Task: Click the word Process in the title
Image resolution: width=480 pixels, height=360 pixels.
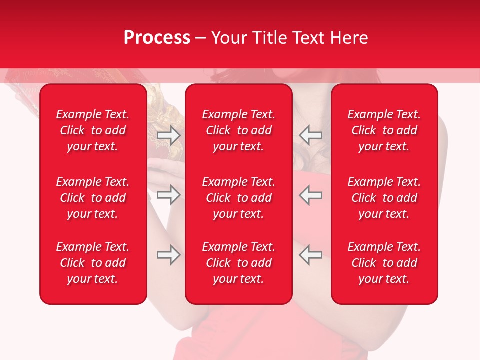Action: tap(157, 38)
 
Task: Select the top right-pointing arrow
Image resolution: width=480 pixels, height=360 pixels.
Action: tap(169, 135)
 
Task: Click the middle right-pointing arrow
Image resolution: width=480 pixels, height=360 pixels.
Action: tap(169, 195)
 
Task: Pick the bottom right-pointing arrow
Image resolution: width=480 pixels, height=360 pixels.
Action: tap(169, 255)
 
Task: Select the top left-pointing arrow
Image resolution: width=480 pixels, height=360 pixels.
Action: tap(311, 135)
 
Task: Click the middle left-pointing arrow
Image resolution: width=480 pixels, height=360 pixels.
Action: tap(311, 195)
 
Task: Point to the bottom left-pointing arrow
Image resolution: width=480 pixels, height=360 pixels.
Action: tap(311, 255)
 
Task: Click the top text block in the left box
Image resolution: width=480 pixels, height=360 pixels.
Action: tap(93, 130)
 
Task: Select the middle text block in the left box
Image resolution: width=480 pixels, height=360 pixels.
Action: tap(93, 198)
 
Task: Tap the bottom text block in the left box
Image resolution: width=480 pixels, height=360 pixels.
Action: tap(93, 263)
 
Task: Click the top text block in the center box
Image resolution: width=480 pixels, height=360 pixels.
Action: tap(238, 130)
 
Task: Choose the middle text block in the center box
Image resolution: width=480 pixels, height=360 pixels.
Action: tap(238, 198)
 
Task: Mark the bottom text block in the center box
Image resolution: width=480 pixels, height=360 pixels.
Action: tap(238, 263)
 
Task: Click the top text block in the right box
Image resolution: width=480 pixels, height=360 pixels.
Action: tap(384, 130)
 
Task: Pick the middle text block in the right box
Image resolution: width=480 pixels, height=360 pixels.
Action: tap(384, 198)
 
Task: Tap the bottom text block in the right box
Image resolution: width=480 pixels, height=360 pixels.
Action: tap(384, 263)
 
